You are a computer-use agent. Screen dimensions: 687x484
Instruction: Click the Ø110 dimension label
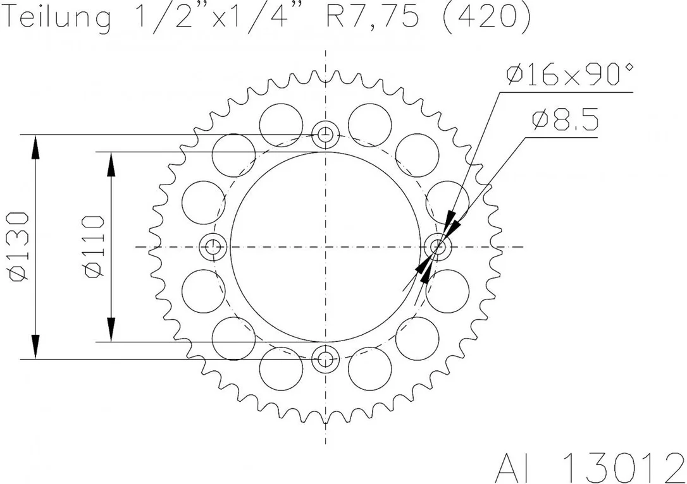94,246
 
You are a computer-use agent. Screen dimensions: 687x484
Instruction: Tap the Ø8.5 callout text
565,120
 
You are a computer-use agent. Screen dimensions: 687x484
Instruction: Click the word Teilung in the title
58,18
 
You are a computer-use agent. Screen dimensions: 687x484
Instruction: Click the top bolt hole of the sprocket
325,135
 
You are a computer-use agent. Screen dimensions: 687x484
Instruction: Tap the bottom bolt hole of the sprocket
325,359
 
